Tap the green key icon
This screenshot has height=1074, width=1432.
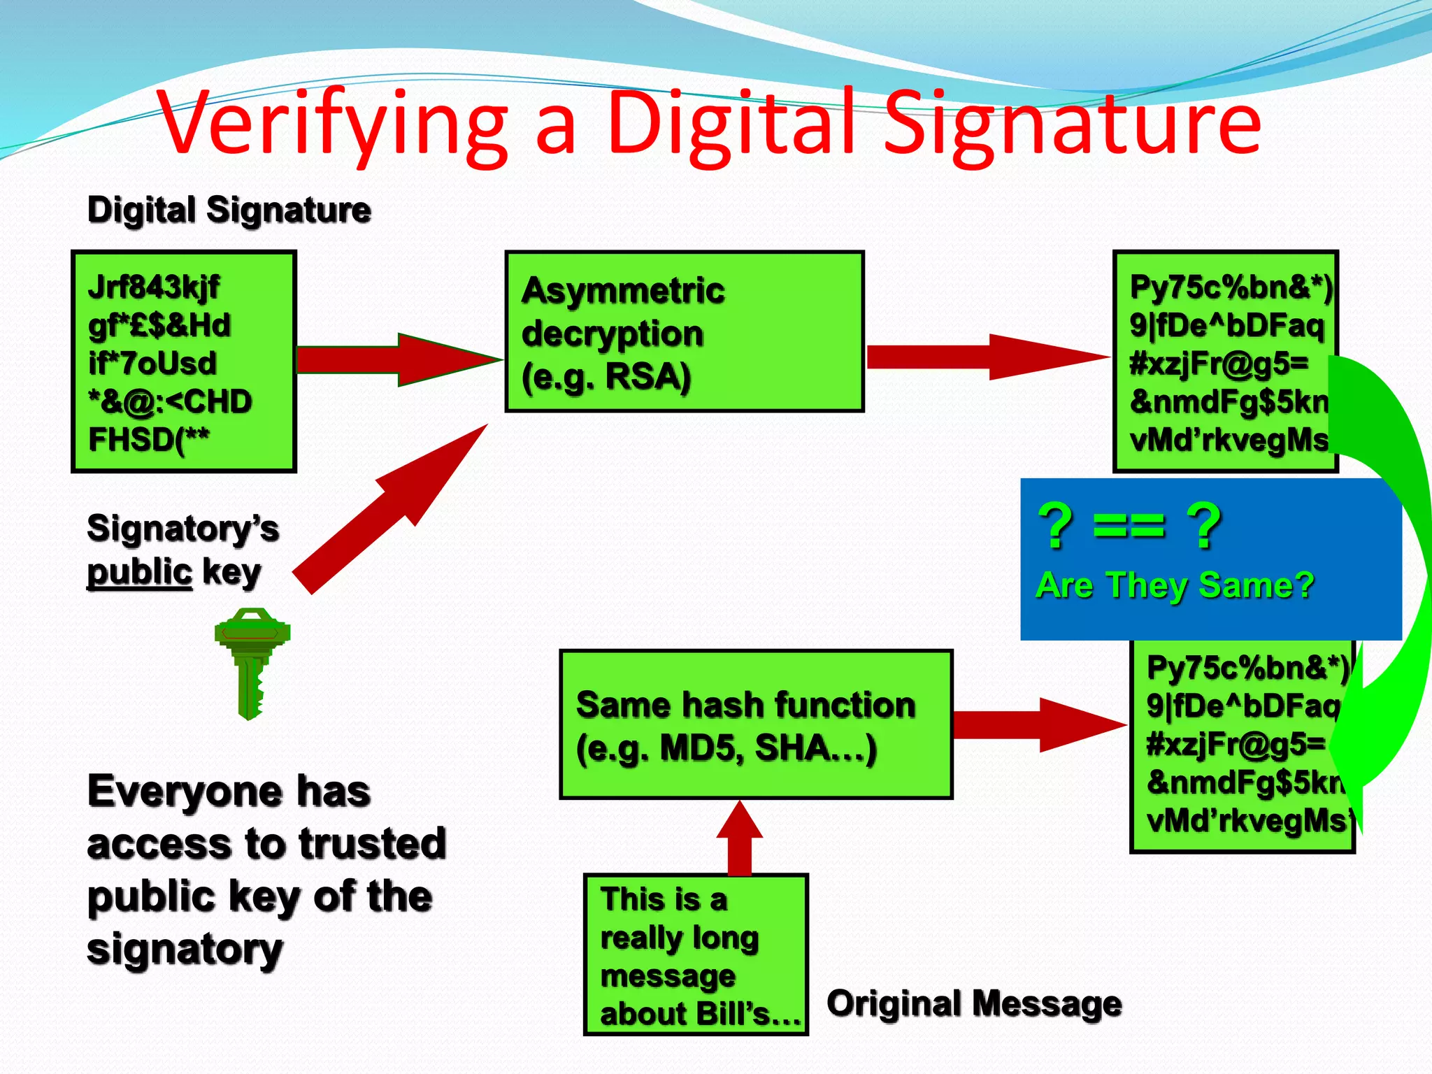click(x=251, y=661)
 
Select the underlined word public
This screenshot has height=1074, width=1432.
click(x=139, y=573)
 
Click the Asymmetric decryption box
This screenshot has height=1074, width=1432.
click(x=684, y=331)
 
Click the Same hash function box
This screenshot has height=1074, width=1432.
click(x=755, y=724)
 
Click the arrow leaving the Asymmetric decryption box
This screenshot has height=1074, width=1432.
click(x=986, y=357)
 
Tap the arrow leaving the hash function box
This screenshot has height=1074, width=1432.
click(x=1038, y=725)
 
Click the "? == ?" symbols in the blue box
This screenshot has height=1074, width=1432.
click(x=1130, y=526)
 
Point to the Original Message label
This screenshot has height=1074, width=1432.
click(x=974, y=1003)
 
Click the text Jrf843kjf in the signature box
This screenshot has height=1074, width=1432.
click(x=154, y=287)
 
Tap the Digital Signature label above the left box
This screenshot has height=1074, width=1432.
click(x=229, y=210)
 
